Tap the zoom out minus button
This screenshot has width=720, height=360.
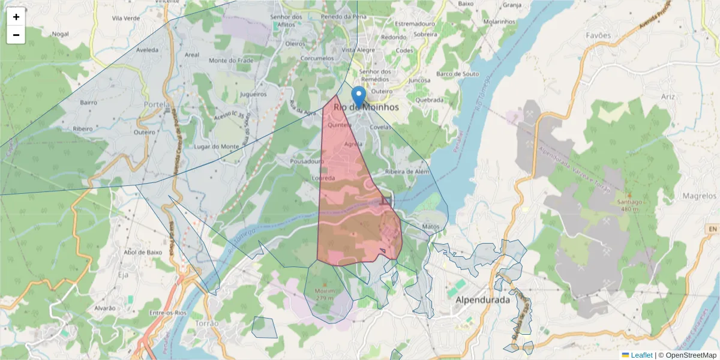16,35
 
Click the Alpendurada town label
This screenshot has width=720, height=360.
482,299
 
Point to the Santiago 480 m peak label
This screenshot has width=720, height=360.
628,205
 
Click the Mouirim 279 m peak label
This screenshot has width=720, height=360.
325,294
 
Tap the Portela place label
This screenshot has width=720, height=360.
157,104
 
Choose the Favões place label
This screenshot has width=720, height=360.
598,35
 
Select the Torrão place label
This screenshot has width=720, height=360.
208,323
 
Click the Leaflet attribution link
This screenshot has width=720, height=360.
641,355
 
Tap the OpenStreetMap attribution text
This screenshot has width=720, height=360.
691,355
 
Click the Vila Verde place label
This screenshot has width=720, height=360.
125,18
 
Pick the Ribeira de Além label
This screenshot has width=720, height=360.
408,172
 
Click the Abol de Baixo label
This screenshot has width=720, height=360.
142,253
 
